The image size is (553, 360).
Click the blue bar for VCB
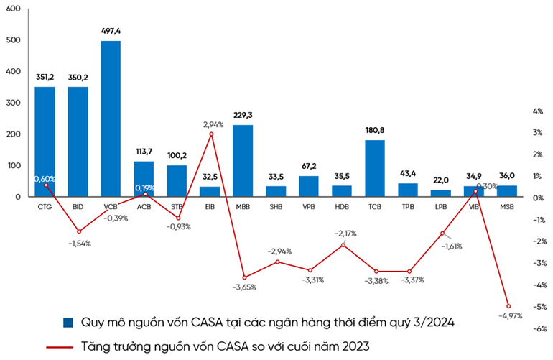click(x=111, y=119)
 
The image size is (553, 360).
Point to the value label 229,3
click(x=243, y=115)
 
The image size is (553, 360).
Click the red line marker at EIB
click(x=211, y=134)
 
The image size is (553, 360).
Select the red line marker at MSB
click(x=508, y=306)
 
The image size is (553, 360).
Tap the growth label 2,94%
click(x=213, y=124)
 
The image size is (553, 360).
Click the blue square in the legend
click(x=68, y=322)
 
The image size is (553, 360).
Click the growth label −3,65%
click(x=244, y=287)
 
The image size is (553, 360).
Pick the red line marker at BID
click(x=79, y=231)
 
